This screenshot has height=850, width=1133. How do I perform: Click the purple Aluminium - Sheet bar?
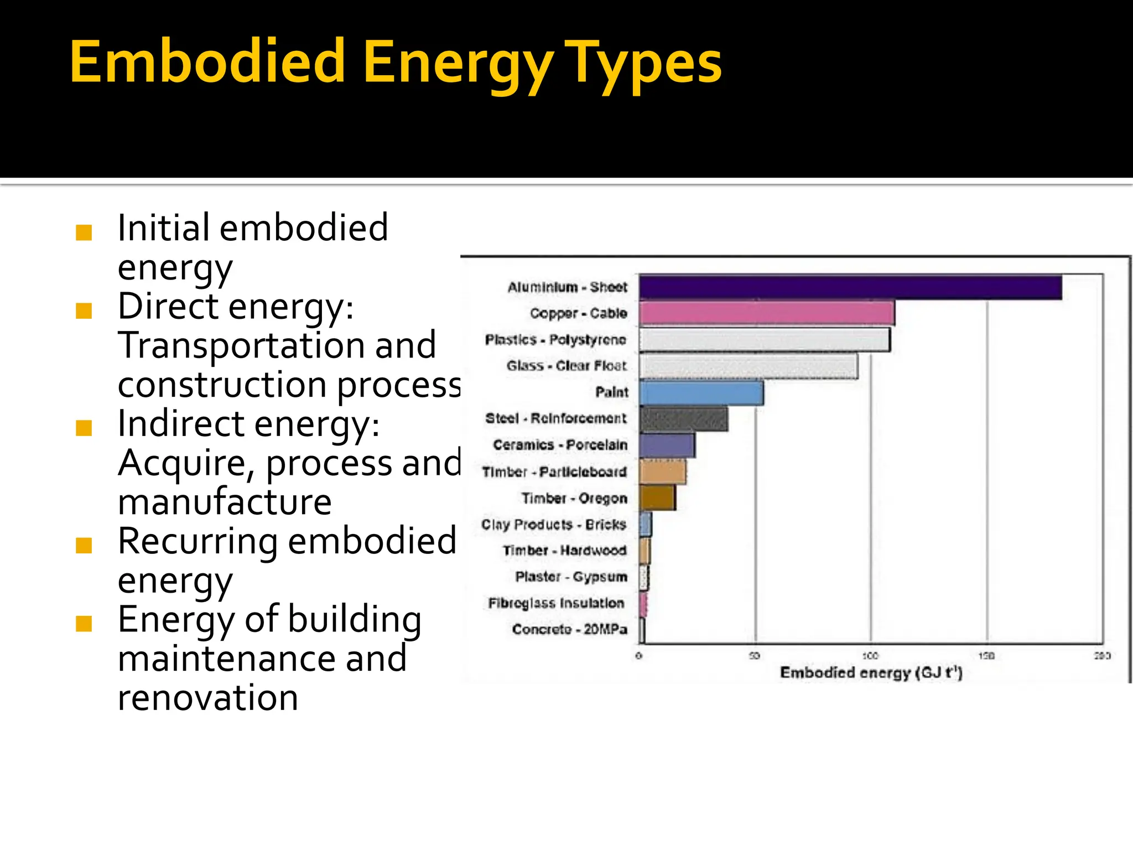point(850,287)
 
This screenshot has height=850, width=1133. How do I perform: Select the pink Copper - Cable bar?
point(766,313)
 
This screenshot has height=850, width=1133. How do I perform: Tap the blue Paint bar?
point(701,393)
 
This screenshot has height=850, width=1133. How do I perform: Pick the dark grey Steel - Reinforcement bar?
point(683,419)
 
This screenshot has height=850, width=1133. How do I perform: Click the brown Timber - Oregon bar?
point(657,497)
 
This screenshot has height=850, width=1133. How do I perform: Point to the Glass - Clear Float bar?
point(748,366)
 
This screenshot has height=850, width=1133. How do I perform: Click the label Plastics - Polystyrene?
point(555,340)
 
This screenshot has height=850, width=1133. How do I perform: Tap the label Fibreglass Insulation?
point(556,603)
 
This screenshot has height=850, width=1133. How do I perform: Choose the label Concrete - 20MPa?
point(569,629)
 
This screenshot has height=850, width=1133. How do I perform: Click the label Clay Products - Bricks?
point(554,524)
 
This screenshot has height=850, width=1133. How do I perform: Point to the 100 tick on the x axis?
point(871,656)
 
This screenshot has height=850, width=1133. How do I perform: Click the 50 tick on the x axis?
point(755,656)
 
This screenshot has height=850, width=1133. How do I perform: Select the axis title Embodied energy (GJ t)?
point(871,673)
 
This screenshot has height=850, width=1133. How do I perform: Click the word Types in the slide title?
point(645,64)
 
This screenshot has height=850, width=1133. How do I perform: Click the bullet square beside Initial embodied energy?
point(84,232)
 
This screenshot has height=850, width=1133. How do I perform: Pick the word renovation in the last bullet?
point(207,697)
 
